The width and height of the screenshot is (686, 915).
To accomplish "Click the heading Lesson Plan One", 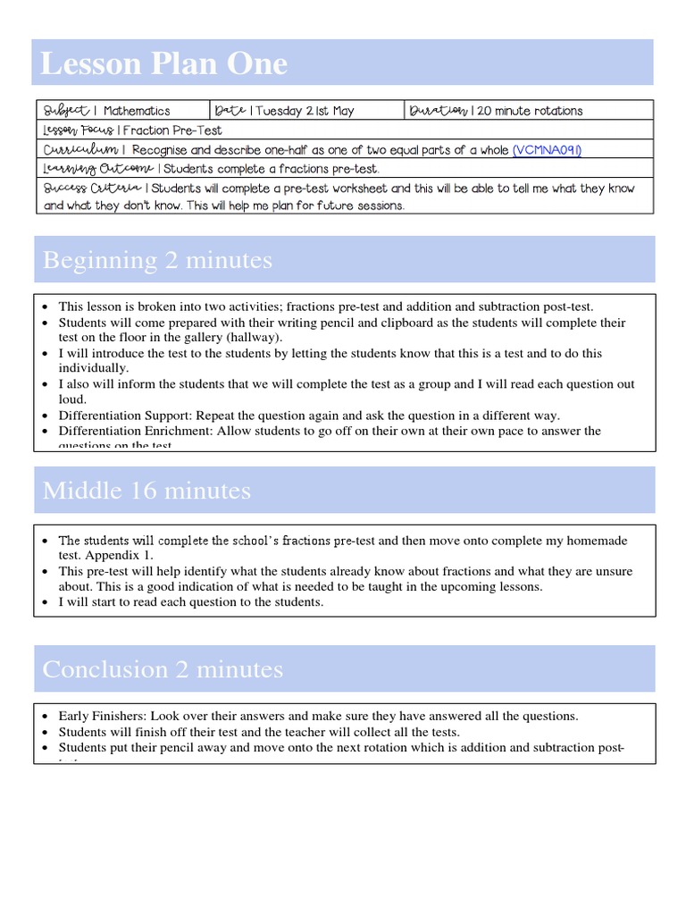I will click(165, 63).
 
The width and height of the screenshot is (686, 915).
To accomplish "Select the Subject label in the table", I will click(66, 111).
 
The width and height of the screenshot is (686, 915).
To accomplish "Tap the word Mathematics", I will click(137, 111).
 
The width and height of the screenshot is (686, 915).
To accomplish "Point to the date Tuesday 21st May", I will click(305, 111).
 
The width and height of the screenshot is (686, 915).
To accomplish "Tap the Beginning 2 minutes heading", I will click(157, 260).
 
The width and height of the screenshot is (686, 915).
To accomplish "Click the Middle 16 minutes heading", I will click(147, 491).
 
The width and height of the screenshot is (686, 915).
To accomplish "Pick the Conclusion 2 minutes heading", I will click(163, 669).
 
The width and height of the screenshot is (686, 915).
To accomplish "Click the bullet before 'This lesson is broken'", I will click(45, 306).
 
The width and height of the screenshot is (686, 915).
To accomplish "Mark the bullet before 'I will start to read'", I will click(45, 602).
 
